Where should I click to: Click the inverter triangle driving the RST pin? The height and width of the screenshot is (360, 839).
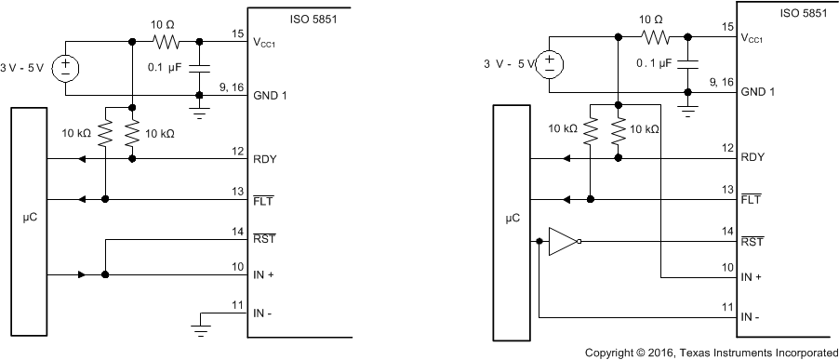(x=562, y=242)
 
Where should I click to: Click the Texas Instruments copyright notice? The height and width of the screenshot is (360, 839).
(x=711, y=353)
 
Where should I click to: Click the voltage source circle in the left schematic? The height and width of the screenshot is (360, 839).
(x=67, y=68)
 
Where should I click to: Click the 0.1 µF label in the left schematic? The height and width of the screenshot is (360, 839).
(x=167, y=68)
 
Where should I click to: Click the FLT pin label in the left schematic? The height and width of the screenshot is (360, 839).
(x=263, y=200)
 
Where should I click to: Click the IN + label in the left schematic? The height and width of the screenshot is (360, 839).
(x=264, y=275)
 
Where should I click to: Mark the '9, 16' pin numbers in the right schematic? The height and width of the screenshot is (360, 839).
(x=719, y=82)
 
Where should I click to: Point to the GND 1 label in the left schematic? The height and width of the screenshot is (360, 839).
(x=269, y=95)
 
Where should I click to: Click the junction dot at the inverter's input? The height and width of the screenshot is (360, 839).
(x=540, y=242)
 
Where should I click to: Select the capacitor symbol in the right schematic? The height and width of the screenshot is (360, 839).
(x=688, y=63)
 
